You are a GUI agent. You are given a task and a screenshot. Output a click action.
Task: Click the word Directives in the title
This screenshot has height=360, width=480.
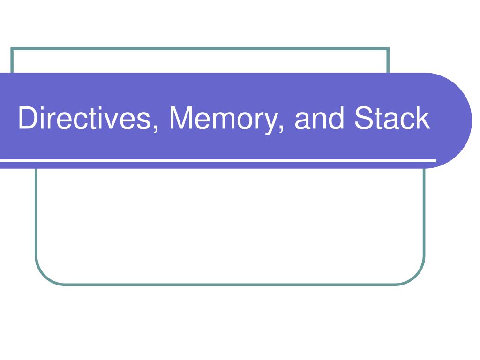click(x=85, y=118)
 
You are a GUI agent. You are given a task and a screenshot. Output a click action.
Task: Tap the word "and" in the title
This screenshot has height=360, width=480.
click(x=319, y=118)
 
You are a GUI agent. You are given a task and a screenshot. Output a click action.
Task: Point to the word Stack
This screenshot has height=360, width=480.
click(x=392, y=118)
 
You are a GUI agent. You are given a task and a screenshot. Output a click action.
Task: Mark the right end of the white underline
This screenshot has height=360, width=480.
click(x=435, y=160)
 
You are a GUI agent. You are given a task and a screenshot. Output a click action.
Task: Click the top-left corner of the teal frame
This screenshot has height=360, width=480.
click(x=12, y=49)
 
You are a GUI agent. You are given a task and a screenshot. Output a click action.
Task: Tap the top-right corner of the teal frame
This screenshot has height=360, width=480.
click(x=388, y=49)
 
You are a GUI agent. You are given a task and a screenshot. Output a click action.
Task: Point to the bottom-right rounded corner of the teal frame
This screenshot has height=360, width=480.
click(x=416, y=276)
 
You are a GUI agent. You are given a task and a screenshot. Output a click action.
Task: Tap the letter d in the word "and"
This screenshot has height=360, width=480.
click(x=336, y=118)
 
